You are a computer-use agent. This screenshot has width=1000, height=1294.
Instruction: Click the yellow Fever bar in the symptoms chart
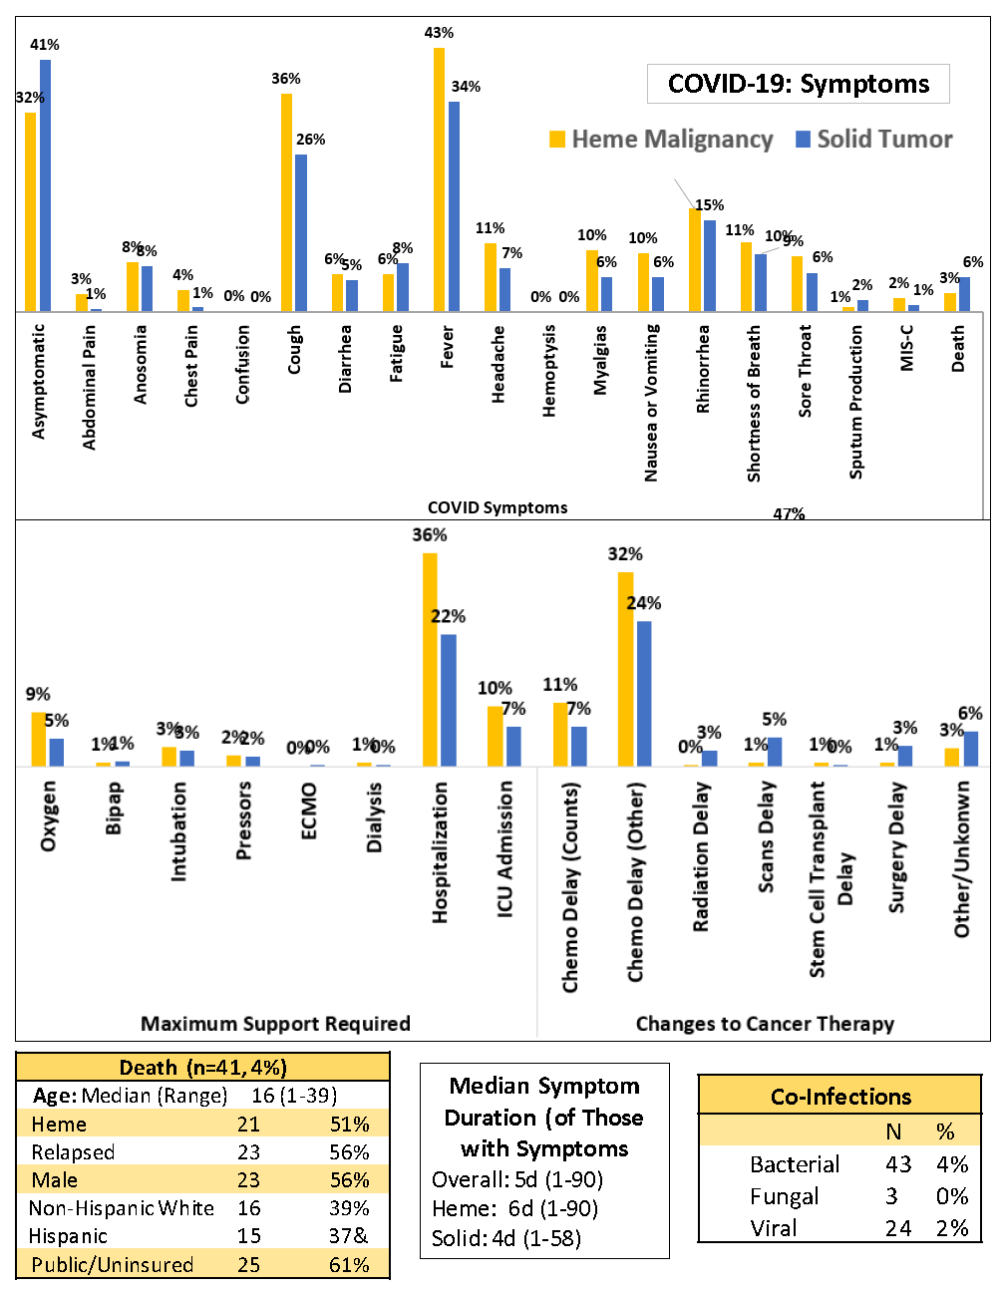(439, 179)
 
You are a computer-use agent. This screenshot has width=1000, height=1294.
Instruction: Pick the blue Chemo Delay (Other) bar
(644, 694)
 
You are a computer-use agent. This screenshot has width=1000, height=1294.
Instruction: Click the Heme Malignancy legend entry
(661, 140)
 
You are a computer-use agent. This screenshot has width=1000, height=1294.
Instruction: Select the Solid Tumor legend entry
(874, 140)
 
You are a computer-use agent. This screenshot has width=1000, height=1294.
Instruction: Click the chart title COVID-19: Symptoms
(798, 84)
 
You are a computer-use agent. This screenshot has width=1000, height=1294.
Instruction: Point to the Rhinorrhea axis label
(703, 368)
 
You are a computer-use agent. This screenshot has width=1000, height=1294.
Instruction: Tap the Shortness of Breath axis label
(754, 403)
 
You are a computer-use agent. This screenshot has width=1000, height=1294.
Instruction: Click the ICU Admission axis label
(505, 848)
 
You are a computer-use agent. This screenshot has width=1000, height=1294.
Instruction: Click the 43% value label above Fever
(439, 33)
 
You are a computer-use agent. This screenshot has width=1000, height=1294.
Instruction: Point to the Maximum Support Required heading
(275, 1024)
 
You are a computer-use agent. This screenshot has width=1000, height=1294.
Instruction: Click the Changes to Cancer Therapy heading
(765, 1024)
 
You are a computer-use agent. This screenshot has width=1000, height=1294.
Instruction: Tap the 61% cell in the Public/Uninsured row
(349, 1264)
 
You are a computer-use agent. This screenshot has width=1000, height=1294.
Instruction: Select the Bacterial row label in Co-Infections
(795, 1164)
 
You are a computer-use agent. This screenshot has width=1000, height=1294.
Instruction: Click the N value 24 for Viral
(897, 1228)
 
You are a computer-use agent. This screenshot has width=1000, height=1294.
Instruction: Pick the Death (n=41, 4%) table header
(202, 1068)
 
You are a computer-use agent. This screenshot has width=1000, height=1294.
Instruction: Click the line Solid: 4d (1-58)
(505, 1238)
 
